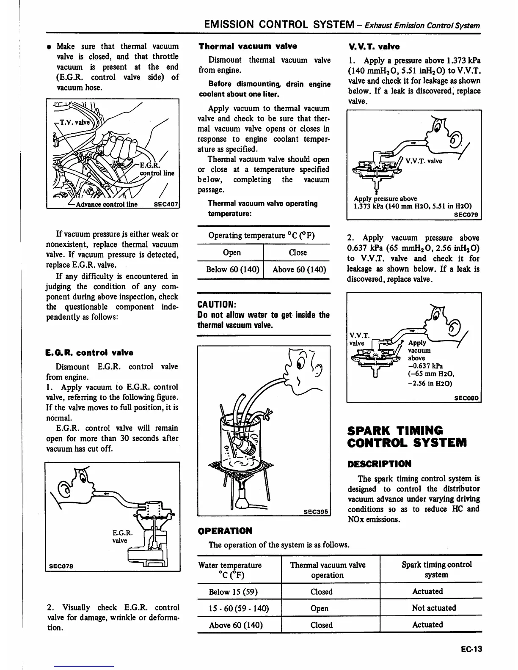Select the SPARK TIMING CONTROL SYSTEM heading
click(x=406, y=437)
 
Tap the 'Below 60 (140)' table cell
click(x=232, y=269)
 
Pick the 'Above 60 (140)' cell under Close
click(x=299, y=269)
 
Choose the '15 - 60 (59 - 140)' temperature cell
click(x=239, y=608)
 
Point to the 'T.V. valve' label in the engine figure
click(x=75, y=123)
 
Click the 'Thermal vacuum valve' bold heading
click(x=248, y=46)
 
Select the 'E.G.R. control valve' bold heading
click(x=89, y=352)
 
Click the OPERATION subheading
click(x=225, y=530)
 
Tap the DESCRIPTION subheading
click(x=379, y=464)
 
